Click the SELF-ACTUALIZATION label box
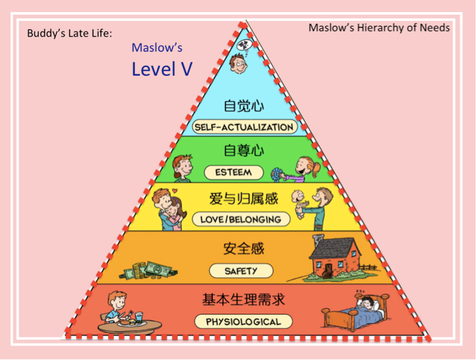(244, 126)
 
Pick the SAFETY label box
(241, 271)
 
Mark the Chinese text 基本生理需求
(244, 299)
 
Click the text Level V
(162, 69)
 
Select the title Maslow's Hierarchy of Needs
(379, 28)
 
